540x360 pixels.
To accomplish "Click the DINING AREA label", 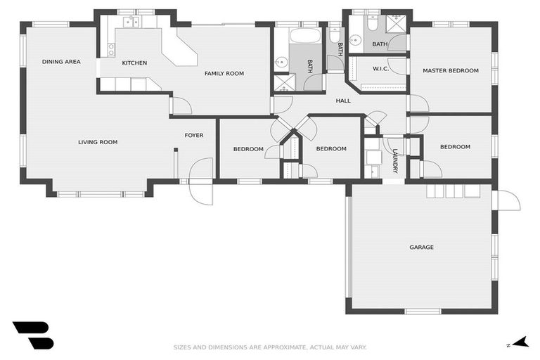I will [x=61, y=62].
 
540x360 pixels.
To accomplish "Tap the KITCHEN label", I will [x=134, y=63].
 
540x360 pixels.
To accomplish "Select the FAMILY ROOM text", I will [x=224, y=73].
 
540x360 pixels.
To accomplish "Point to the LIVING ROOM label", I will [x=98, y=142].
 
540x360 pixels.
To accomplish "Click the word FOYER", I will [x=194, y=135].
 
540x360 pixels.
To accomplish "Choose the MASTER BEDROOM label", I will [x=450, y=70].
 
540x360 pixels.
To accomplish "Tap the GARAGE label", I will [x=421, y=247].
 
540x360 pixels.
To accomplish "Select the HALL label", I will [x=343, y=101].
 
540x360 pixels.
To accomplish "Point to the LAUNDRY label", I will [x=395, y=161].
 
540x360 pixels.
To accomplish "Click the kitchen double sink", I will [x=131, y=22].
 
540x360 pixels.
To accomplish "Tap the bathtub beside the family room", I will [x=305, y=35].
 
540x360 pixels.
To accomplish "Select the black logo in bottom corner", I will [x=32, y=335].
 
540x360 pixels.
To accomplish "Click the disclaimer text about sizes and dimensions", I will [x=270, y=347].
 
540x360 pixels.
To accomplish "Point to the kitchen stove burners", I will [x=111, y=49].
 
